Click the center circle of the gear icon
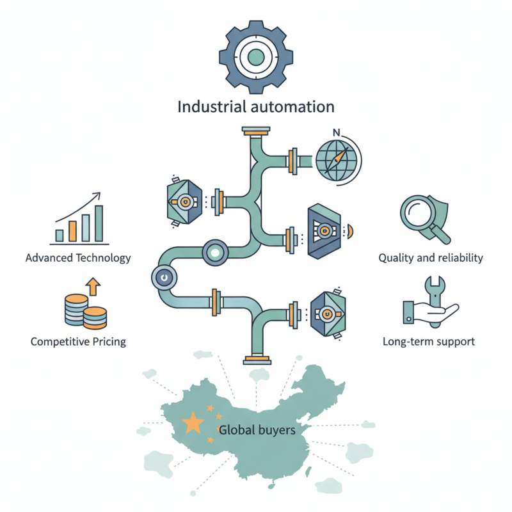[256, 57]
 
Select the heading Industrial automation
[256, 106]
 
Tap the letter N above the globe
[337, 133]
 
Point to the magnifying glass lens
[417, 212]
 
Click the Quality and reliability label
[430, 258]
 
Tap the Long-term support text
[428, 341]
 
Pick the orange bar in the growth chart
[72, 230]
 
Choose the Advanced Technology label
[78, 258]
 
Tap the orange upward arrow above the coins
[93, 285]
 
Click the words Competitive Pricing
[78, 341]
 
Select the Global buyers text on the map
[257, 430]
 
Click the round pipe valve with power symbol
[163, 278]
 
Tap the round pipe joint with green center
[214, 253]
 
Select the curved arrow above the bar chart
[77, 206]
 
